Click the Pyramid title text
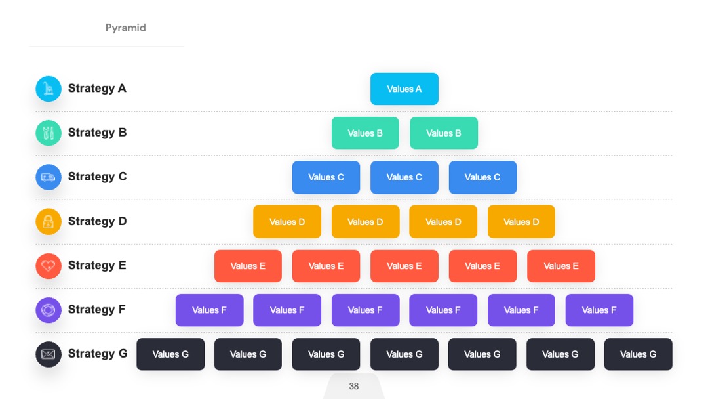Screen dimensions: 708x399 (125, 28)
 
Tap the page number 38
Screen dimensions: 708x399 (354, 387)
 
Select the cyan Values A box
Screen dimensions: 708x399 (404, 89)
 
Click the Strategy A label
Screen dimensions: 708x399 (97, 88)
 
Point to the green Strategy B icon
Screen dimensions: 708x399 (49, 133)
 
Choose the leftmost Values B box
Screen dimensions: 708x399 (365, 133)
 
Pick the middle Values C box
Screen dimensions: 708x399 (404, 177)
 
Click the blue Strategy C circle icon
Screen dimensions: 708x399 (49, 177)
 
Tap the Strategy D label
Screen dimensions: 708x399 (98, 221)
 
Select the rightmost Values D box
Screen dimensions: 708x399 (521, 221)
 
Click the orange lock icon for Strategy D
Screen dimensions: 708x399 (49, 221)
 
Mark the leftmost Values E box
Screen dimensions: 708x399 (248, 266)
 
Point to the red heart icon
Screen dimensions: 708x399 (49, 266)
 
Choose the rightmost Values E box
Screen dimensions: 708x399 (560, 266)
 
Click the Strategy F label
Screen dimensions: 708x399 (96, 310)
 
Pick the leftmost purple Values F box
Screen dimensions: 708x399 (210, 310)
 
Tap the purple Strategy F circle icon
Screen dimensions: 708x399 (49, 310)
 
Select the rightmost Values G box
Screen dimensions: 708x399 (638, 354)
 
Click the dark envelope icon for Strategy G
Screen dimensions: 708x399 (49, 354)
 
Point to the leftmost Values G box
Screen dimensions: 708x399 (170, 354)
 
